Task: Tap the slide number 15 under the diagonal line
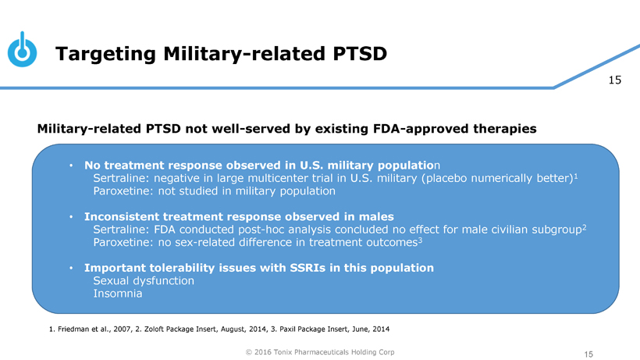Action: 614,80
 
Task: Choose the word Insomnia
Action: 117,294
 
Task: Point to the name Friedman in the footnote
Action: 74,328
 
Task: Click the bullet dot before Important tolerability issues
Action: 71,269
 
